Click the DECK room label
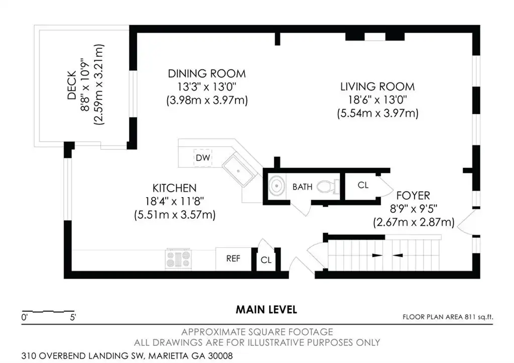point(71,84)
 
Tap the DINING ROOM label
point(207,73)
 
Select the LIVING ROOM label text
point(377,86)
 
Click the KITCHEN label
point(174,188)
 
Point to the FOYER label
point(413,196)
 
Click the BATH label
point(302,187)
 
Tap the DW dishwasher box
point(203,157)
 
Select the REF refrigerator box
point(233,258)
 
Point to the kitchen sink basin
point(238,170)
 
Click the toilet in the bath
point(328,187)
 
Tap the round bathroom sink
point(277,186)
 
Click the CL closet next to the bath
point(363,185)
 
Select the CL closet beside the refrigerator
point(266,259)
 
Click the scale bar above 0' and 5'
point(48,311)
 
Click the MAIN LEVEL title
point(266,310)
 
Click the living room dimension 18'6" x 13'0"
point(377,100)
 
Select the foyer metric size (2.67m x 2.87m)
point(414,222)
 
